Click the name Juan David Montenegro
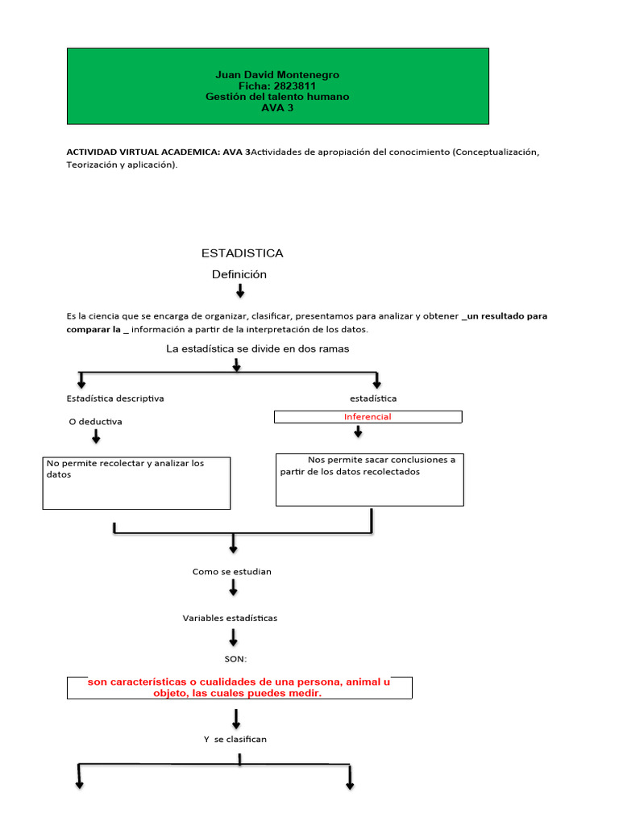[277, 75]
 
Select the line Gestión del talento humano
[277, 97]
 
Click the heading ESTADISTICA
[242, 253]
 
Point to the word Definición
[239, 274]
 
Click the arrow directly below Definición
[240, 290]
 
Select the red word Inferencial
[368, 417]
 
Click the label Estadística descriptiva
[115, 398]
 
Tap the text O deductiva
[96, 422]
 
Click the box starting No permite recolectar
[136, 482]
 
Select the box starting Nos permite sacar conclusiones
[369, 479]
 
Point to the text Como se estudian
[232, 572]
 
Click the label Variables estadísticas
[230, 618]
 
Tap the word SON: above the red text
[235, 659]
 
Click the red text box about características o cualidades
[239, 687]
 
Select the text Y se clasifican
[235, 739]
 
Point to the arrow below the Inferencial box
[358, 432]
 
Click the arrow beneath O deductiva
[96, 437]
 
